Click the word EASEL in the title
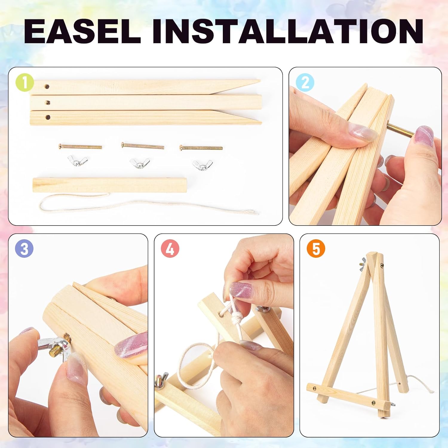(x=82, y=31)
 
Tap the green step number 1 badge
(x=24, y=82)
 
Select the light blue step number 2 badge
(x=305, y=82)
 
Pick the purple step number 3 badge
(x=24, y=249)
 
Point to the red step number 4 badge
(x=170, y=249)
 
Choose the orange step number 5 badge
(x=316, y=249)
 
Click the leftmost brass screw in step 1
(x=80, y=147)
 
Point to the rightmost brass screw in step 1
(x=201, y=148)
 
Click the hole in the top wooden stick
(x=47, y=87)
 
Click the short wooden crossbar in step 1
(x=110, y=185)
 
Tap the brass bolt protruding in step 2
(x=400, y=130)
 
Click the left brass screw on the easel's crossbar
(x=314, y=388)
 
